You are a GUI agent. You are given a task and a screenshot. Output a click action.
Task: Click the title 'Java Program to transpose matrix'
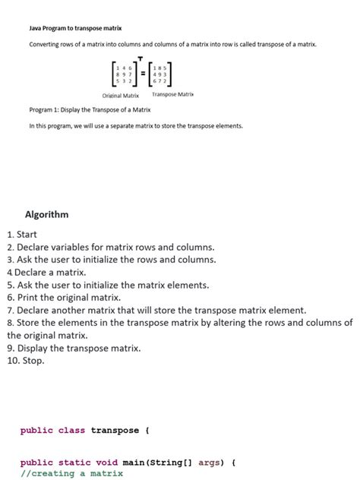[x=70, y=28]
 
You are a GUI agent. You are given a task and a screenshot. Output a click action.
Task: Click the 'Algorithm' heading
[x=47, y=215]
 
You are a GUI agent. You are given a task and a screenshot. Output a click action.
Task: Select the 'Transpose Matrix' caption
[x=173, y=95]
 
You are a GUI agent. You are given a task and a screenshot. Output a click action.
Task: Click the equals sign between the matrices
[x=141, y=74]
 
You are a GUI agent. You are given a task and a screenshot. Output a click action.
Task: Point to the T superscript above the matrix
[x=140, y=58]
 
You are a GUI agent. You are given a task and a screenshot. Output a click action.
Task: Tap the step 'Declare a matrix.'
[x=49, y=272]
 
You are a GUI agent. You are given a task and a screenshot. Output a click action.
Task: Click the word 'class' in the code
[x=71, y=431]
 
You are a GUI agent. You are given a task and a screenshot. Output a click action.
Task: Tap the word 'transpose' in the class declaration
[x=115, y=431]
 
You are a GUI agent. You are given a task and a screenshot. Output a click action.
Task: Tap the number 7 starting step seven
[x=9, y=310]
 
